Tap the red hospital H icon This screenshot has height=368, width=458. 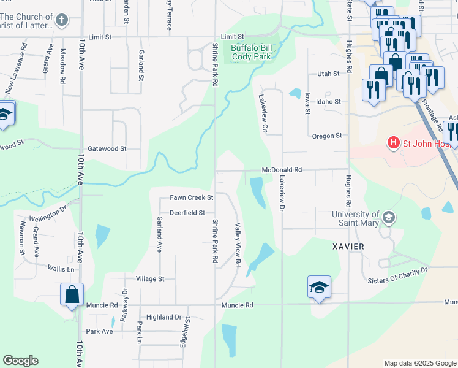[x=392, y=144]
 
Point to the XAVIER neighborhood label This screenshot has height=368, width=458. [x=348, y=246]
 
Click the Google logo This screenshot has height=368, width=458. [x=20, y=361]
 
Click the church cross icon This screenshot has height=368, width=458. [x=61, y=21]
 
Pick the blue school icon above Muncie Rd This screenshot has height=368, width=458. [x=319, y=287]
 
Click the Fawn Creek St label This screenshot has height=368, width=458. [x=191, y=197]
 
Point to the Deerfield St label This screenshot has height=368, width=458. [x=187, y=212]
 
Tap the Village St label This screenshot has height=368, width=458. [x=150, y=278]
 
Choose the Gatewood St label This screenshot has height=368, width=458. [x=107, y=148]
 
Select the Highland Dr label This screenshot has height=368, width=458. [x=164, y=317]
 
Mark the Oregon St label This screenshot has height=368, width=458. [x=326, y=136]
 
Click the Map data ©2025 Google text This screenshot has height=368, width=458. [x=421, y=363]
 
